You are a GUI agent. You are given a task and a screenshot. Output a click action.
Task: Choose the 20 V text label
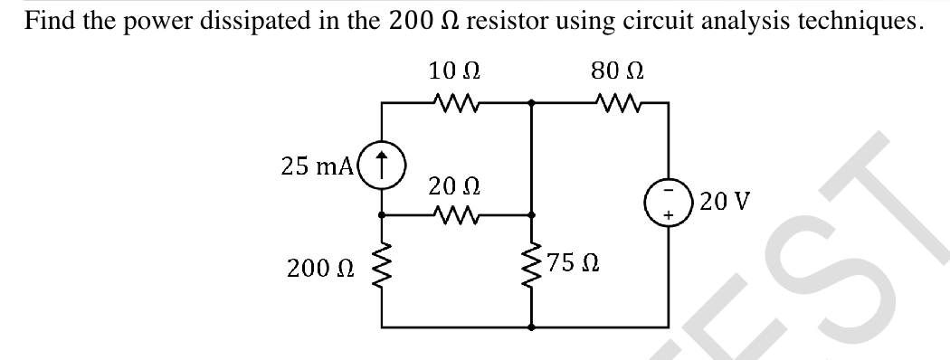[720, 200]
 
